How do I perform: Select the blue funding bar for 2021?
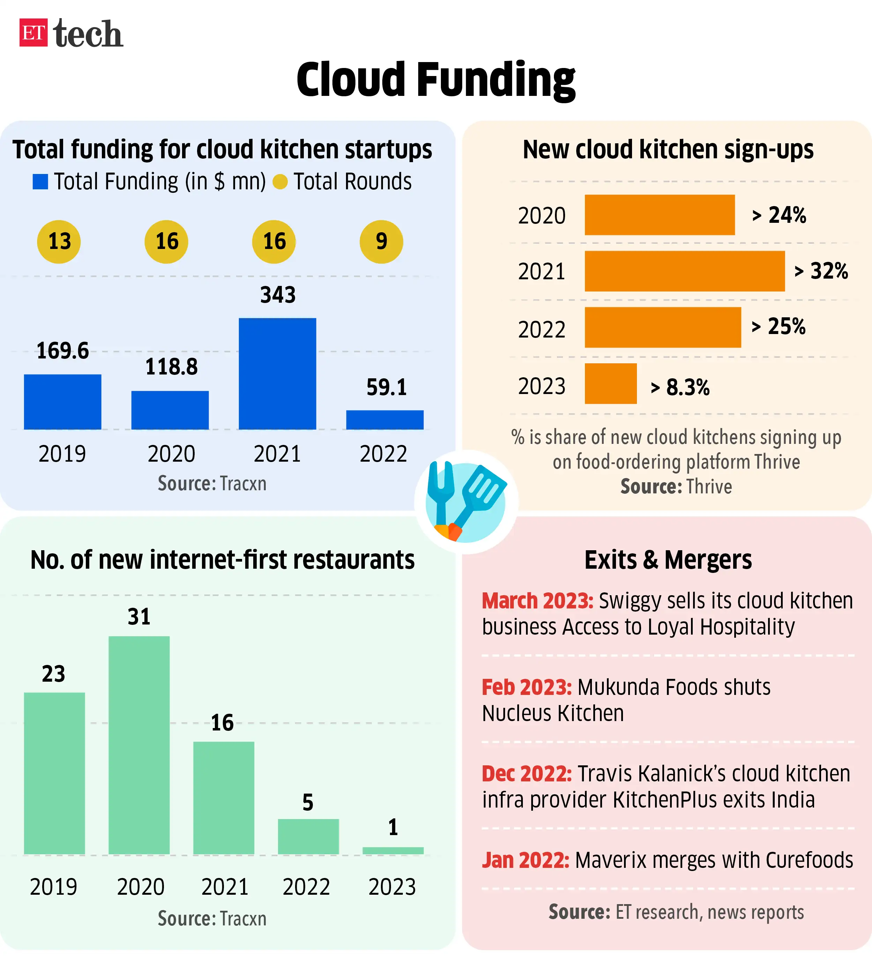coord(277,373)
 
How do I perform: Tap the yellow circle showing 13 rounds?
coord(59,241)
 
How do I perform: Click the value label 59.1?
coord(386,387)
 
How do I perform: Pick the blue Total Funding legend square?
coord(40,182)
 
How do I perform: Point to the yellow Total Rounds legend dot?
coord(280,182)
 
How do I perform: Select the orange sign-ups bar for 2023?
coord(610,384)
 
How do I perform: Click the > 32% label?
coord(821,271)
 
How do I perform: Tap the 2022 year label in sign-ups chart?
coord(541,330)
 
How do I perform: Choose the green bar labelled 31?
coord(139,745)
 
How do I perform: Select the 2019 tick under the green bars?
coord(53,887)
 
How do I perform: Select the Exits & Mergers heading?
coord(668,560)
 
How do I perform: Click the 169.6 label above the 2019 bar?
coord(63,350)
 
